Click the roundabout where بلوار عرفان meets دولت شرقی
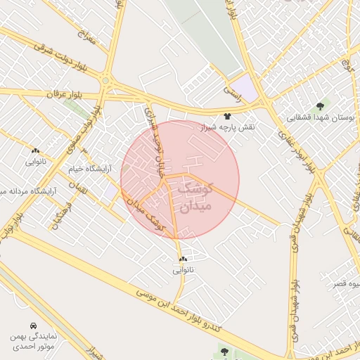click(x=105, y=80)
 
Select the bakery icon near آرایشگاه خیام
click(x=35, y=150)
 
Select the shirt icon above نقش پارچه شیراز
click(x=227, y=116)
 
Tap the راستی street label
click(x=231, y=91)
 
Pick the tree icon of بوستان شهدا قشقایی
click(x=321, y=106)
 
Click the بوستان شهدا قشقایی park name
click(x=321, y=118)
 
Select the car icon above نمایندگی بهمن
click(x=34, y=326)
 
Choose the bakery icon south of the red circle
click(x=183, y=259)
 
